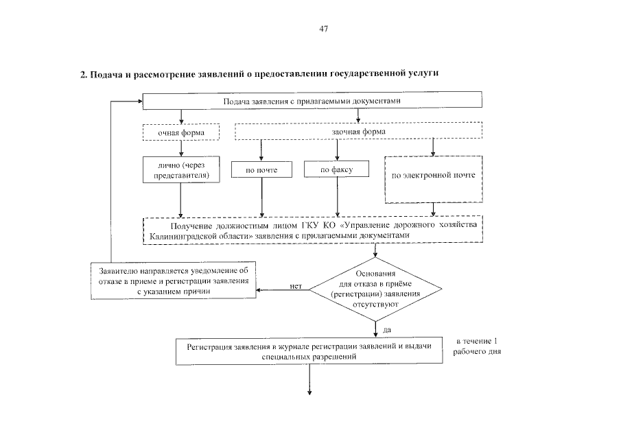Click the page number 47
324,29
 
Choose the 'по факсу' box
336,169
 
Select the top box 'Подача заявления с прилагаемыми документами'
311,102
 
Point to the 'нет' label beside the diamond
296,285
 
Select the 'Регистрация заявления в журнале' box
309,351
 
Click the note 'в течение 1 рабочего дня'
478,347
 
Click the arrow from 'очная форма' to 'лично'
180,147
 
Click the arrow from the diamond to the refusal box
281,290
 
